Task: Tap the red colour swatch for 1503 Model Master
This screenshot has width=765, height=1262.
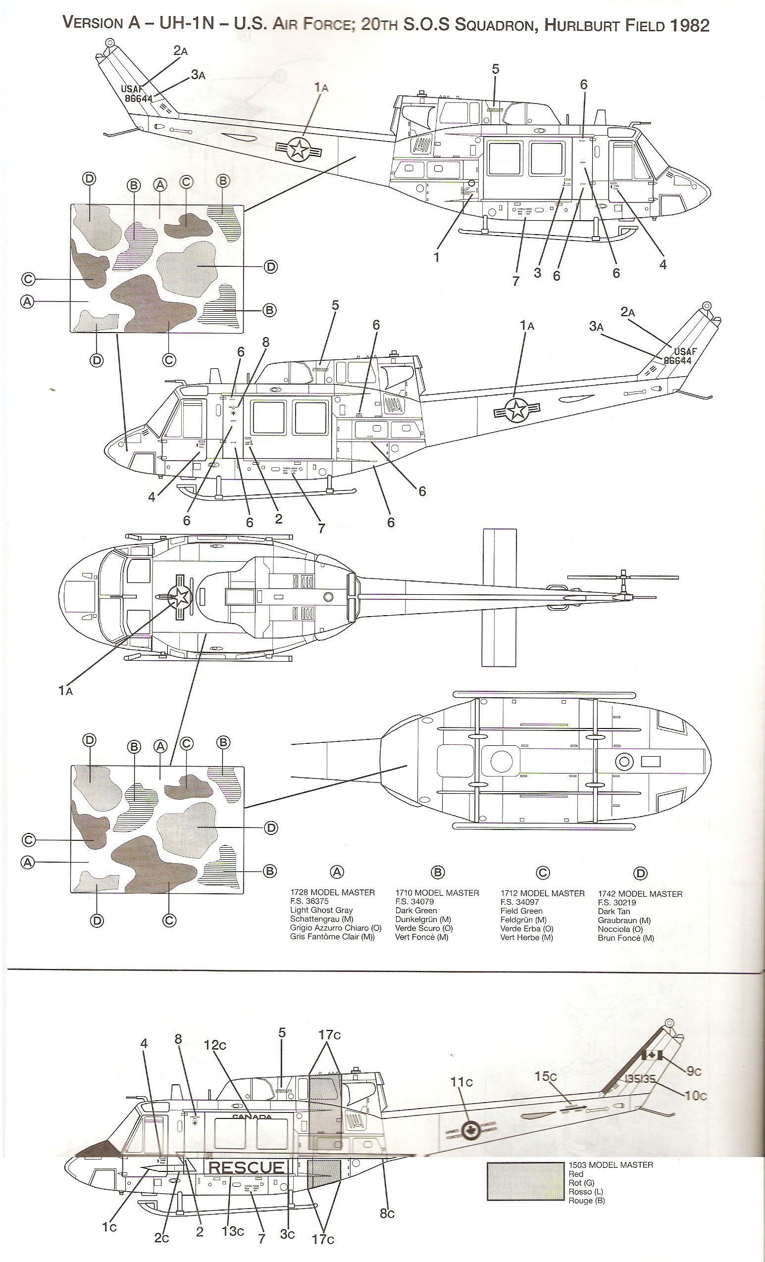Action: click(x=525, y=1182)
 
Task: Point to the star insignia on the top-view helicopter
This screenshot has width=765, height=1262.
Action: click(x=181, y=597)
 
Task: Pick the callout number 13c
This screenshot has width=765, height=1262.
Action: click(x=233, y=1231)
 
